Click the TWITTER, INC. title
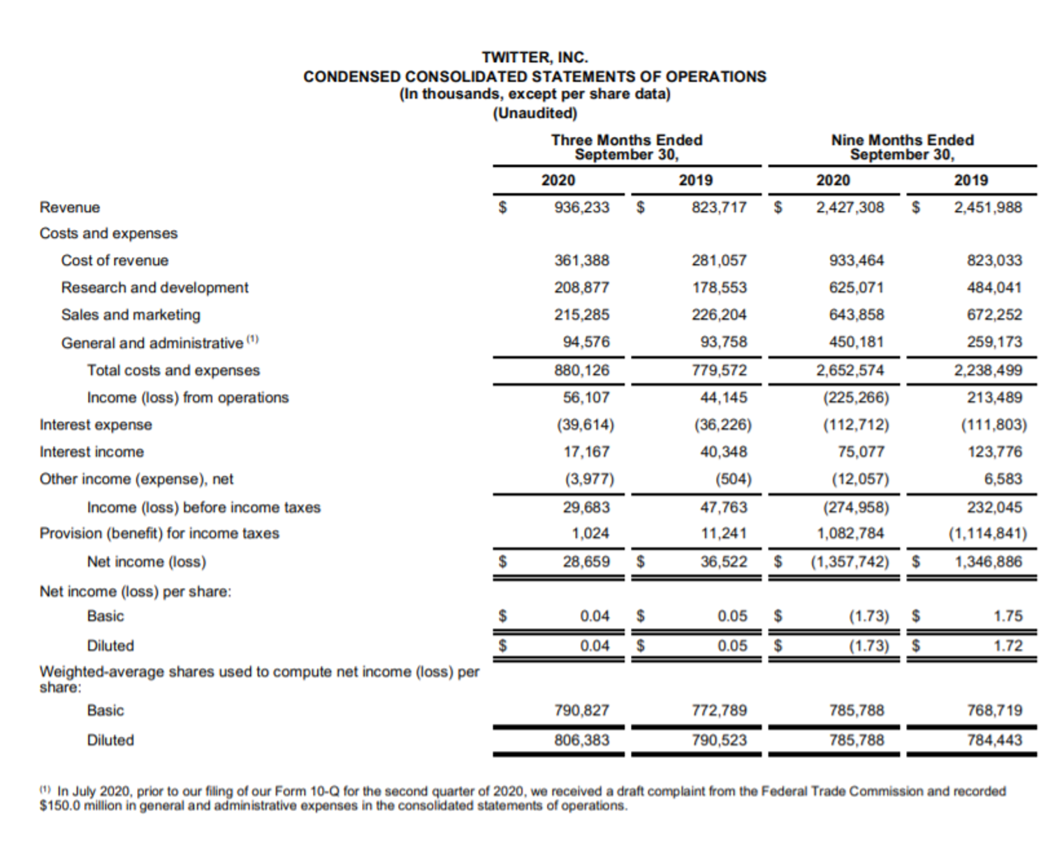[534, 57]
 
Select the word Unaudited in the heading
[534, 112]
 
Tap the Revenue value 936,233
[581, 207]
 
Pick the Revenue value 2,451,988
[988, 207]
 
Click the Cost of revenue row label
[115, 261]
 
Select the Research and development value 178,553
[719, 288]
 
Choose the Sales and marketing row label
[131, 315]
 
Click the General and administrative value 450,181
[857, 342]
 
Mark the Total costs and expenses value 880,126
[581, 370]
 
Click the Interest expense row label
[96, 425]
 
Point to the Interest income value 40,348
[723, 452]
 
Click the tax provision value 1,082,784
[850, 534]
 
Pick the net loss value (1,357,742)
[850, 562]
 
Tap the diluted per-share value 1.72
[1008, 646]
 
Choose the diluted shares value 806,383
[581, 740]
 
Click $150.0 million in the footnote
[71, 805]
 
